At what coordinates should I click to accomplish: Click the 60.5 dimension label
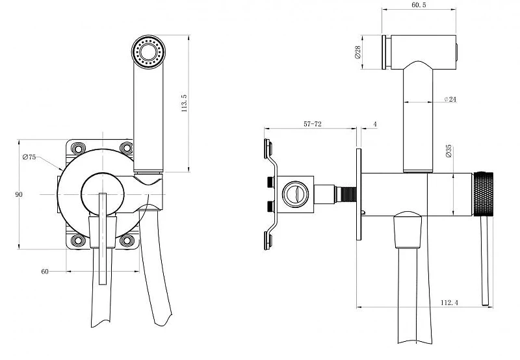pyautogui.click(x=419, y=5)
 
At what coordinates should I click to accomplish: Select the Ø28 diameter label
pyautogui.click(x=357, y=52)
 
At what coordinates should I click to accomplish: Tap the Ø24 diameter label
pyautogui.click(x=450, y=99)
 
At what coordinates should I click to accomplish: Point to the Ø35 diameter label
pyautogui.click(x=448, y=151)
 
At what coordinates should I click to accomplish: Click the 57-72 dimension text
pyautogui.click(x=313, y=124)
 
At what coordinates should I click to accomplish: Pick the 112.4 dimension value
pyautogui.click(x=449, y=302)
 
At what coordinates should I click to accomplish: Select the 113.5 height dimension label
pyautogui.click(x=185, y=103)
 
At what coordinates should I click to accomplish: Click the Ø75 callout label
pyautogui.click(x=29, y=157)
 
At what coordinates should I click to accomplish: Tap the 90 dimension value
pyautogui.click(x=19, y=194)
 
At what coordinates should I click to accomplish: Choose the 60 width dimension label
pyautogui.click(x=45, y=272)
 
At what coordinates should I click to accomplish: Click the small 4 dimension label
pyautogui.click(x=375, y=124)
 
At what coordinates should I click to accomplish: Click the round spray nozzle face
pyautogui.click(x=148, y=52)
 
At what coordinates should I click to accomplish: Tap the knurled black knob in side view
pyautogui.click(x=483, y=194)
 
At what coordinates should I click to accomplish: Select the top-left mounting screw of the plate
pyautogui.click(x=78, y=148)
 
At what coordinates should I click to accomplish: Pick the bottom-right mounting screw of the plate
pyautogui.click(x=127, y=240)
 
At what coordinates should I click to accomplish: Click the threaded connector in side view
pyautogui.click(x=346, y=194)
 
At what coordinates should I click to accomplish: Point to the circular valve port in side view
pyautogui.click(x=295, y=194)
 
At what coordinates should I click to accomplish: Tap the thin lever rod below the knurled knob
pyautogui.click(x=485, y=261)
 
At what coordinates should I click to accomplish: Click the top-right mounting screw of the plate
pyautogui.click(x=126, y=148)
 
